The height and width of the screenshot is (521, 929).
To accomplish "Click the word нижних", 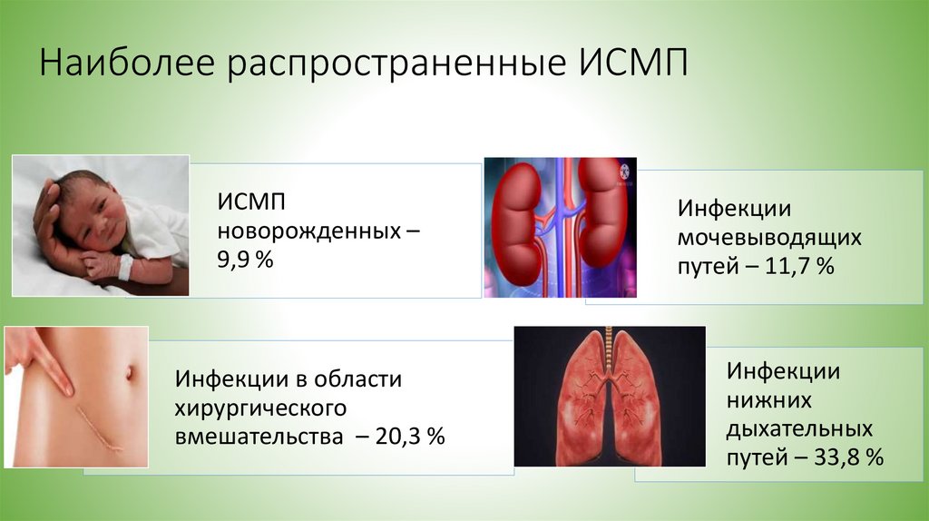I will click(x=768, y=399).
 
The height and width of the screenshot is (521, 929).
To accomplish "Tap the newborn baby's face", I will click(x=91, y=215).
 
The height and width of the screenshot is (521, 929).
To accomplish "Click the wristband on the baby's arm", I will click(x=124, y=266).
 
